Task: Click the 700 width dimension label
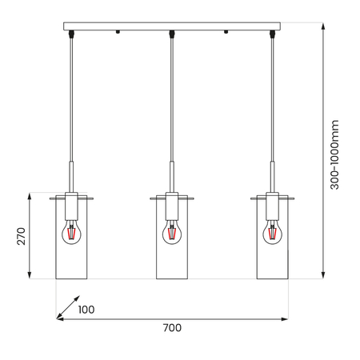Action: pos(171,328)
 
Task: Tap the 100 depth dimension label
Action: pos(86,310)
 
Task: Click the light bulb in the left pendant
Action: pos(70,232)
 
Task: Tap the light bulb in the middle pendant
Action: pos(171,232)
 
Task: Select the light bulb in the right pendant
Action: pos(272,232)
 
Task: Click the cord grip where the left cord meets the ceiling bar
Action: pos(70,34)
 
